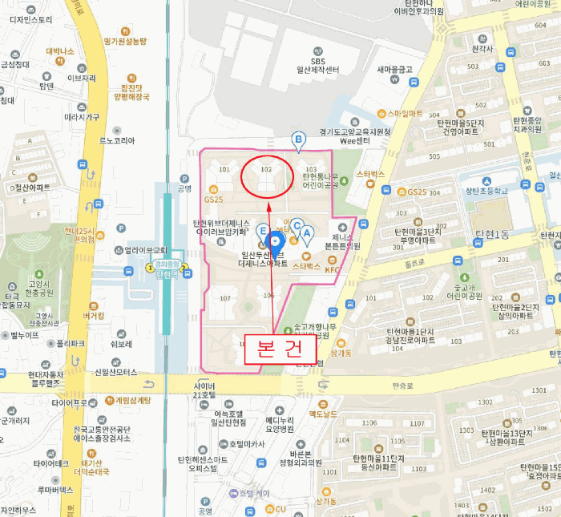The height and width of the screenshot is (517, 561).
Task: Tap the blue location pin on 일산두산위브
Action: pos(276,240)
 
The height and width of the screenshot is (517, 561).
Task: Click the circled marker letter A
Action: pos(305,232)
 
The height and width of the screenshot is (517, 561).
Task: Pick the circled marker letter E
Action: pos(264,230)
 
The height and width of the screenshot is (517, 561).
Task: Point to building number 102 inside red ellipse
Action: pos(267,170)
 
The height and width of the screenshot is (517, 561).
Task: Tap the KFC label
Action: pos(330,270)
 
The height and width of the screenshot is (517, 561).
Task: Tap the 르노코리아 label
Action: pos(117,140)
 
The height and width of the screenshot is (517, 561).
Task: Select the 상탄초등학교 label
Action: pos(489,191)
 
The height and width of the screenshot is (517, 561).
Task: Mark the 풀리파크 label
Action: pos(71,343)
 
